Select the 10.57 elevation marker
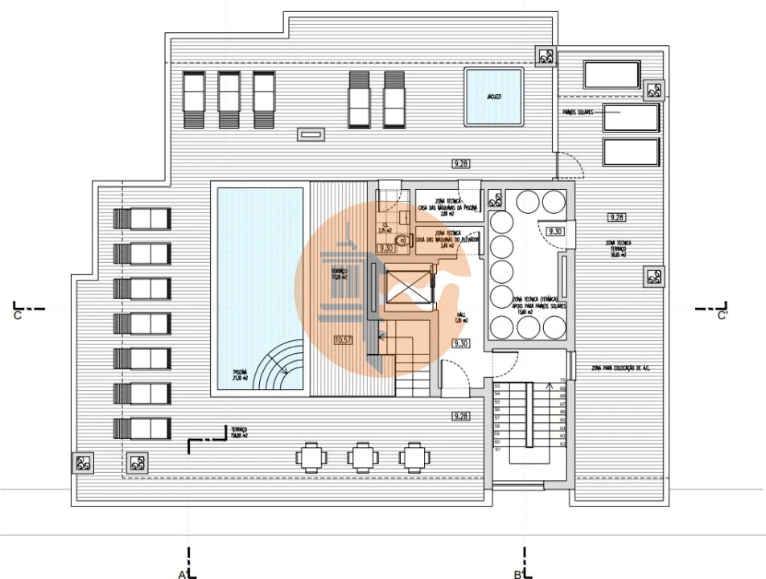point(342,340)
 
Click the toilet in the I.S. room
point(400,239)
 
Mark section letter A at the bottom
point(183,573)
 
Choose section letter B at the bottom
point(518,573)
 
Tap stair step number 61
point(497,450)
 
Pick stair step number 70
point(563,380)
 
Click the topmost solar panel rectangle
point(611,75)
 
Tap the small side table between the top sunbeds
point(311,133)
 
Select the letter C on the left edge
point(17,316)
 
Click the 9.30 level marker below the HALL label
point(461,343)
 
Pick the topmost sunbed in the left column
point(142,219)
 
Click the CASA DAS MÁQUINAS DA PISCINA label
point(447,209)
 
